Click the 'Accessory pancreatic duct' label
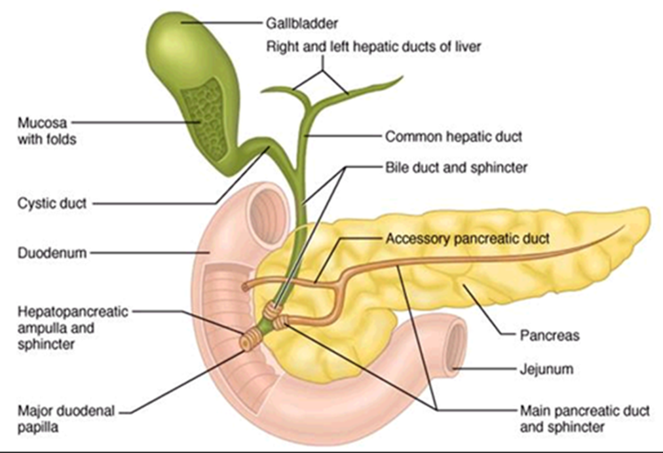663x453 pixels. (x=467, y=239)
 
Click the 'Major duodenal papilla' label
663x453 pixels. (x=66, y=418)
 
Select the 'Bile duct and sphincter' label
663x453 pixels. (x=456, y=168)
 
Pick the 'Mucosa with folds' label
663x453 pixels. (x=46, y=130)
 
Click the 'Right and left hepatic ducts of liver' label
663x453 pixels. (x=374, y=47)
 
